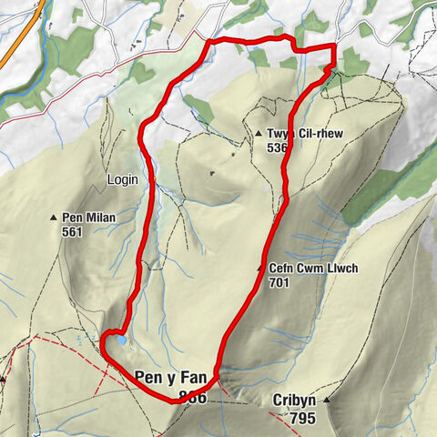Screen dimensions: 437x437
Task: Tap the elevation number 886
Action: (x=192, y=397)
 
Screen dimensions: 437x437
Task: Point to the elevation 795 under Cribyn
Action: (x=288, y=418)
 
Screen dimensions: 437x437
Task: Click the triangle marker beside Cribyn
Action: (x=325, y=401)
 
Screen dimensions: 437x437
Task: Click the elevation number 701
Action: (x=281, y=283)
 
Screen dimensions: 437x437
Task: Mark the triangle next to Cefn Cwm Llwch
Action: (x=260, y=269)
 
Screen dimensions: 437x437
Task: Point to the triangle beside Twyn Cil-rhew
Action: (x=259, y=132)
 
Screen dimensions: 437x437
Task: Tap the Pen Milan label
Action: (x=85, y=218)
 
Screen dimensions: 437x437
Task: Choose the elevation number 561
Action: (x=73, y=232)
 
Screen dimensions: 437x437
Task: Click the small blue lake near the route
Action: (x=119, y=340)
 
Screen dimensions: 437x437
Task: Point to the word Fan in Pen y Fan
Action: (x=196, y=376)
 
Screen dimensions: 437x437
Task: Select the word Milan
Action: (x=95, y=218)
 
